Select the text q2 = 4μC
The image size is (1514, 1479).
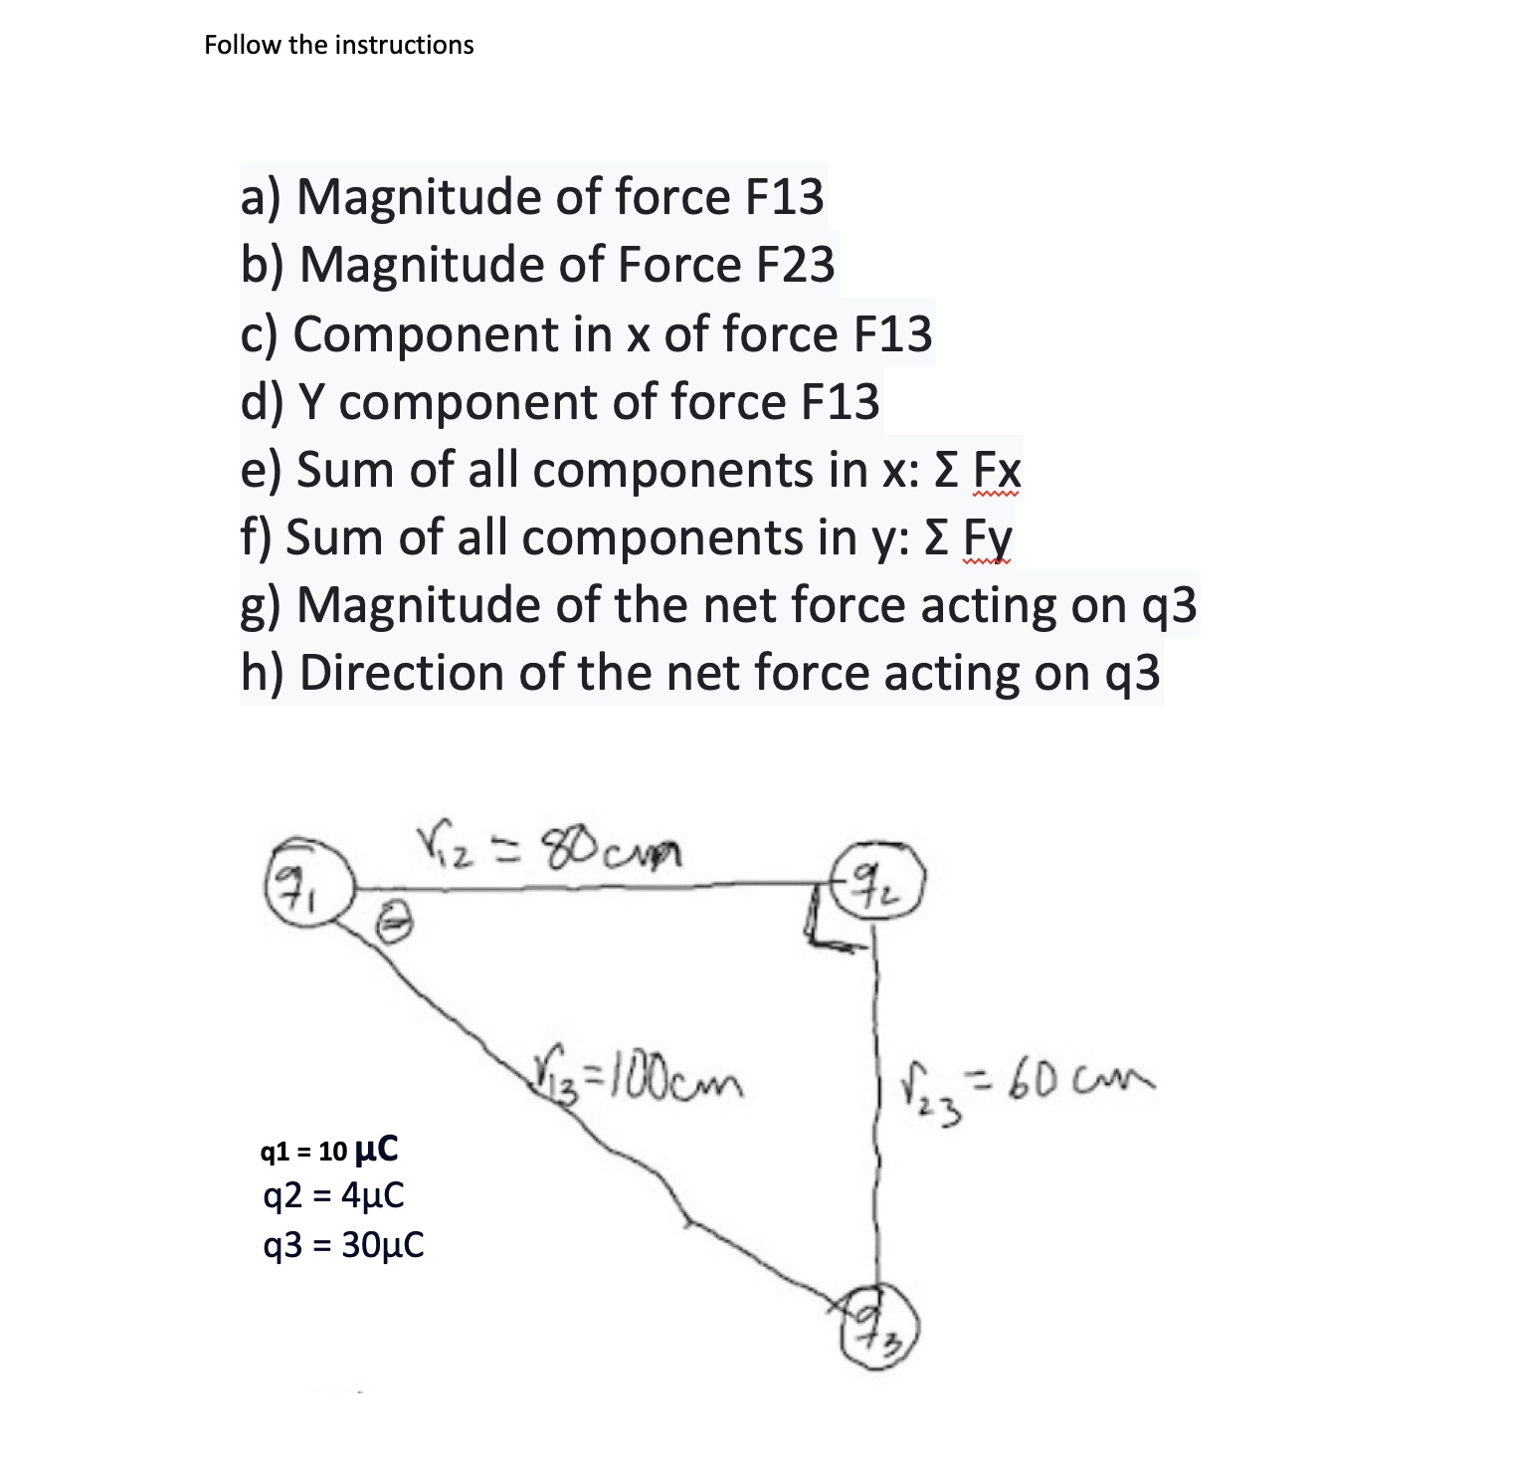pyautogui.click(x=332, y=1194)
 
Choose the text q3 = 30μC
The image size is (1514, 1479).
pyautogui.click(x=341, y=1243)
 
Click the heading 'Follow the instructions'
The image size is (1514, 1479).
pyautogui.click(x=339, y=45)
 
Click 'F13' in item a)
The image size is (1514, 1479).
pyautogui.click(x=784, y=197)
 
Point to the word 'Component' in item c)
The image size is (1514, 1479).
pyautogui.click(x=425, y=333)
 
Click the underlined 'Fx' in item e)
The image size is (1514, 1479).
pyautogui.click(x=996, y=470)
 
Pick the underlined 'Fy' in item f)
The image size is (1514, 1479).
pyautogui.click(x=989, y=538)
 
